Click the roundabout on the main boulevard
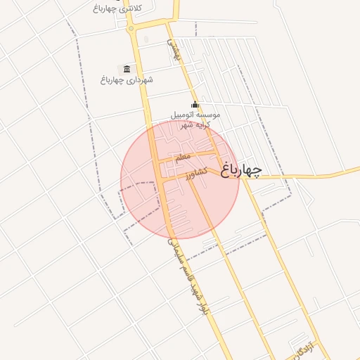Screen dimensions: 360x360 (x=131, y=28)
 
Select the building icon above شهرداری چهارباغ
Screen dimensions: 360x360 (x=127, y=68)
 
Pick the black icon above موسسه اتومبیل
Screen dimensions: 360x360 (x=195, y=105)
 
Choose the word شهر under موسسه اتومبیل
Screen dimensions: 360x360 (x=186, y=124)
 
